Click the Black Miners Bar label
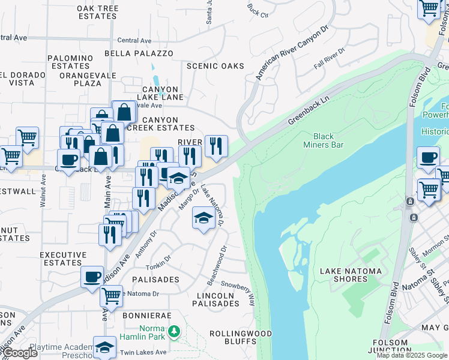pyautogui.click(x=328, y=140)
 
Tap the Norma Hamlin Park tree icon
pyautogui.click(x=173, y=331)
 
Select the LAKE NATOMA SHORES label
pyautogui.click(x=351, y=275)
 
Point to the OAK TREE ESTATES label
pyautogui.click(x=97, y=12)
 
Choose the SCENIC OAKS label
pyautogui.click(x=215, y=66)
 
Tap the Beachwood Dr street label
pyautogui.click(x=217, y=257)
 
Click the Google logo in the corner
pyautogui.click(x=20, y=353)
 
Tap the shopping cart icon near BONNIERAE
pyautogui.click(x=111, y=295)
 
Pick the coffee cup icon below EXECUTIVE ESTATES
pyautogui.click(x=92, y=277)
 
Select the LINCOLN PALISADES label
pyautogui.click(x=215, y=299)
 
